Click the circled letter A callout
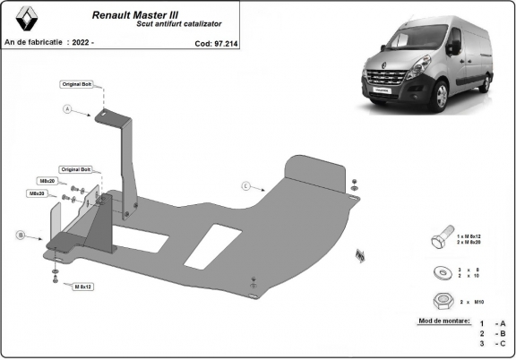point(66,109)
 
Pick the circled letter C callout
point(245,185)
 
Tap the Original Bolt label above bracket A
point(77,83)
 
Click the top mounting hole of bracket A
point(101,113)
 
